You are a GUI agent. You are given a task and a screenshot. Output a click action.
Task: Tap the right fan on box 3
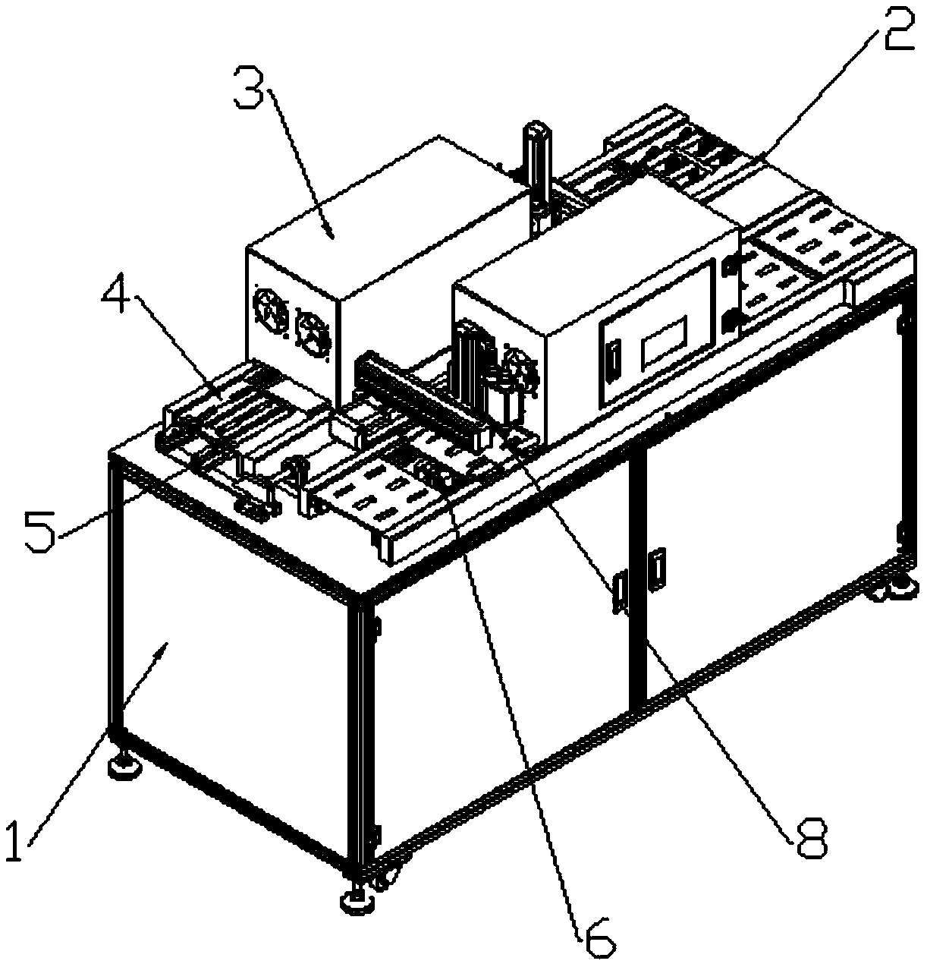[310, 327]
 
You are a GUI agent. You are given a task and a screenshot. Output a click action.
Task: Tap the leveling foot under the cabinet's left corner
[124, 767]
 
